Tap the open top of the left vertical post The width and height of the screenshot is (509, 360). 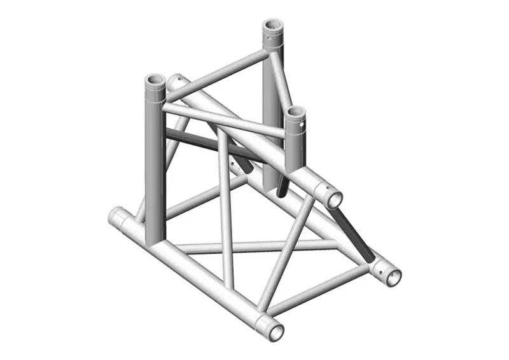coord(155,82)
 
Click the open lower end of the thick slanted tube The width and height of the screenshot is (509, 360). coord(334,198)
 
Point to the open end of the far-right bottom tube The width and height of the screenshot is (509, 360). coord(393,276)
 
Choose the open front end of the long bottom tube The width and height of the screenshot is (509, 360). coord(275,331)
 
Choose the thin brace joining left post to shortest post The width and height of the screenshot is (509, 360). coord(223,121)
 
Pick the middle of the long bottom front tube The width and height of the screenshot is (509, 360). coord(197,273)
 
